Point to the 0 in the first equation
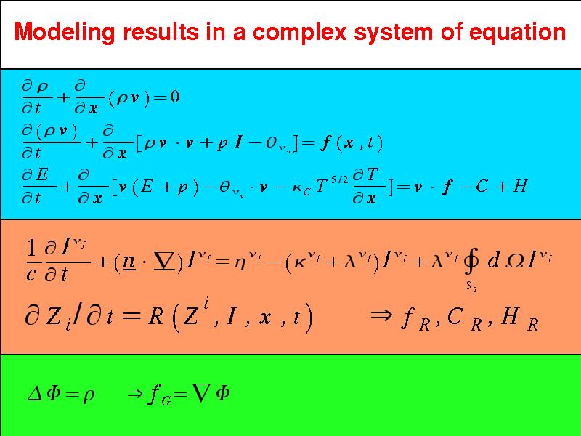(174, 97)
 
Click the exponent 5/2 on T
(339, 179)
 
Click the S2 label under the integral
(471, 286)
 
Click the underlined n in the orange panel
(129, 262)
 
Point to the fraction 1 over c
(31, 260)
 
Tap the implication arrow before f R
(381, 315)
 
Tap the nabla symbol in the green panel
(201, 393)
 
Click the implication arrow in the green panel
(134, 394)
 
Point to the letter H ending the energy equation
(519, 185)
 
